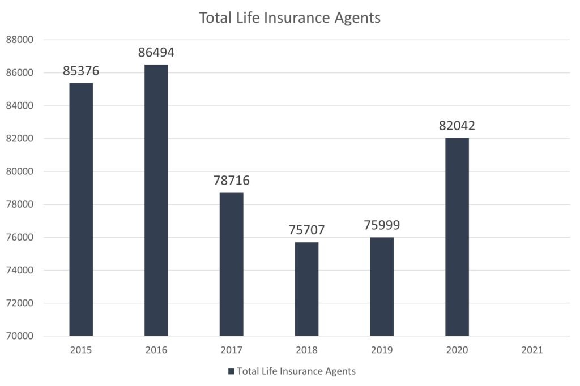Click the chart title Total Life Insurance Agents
pos(289,18)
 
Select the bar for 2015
pos(81,209)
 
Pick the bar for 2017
pos(231,264)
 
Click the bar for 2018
pos(306,289)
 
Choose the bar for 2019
pos(382,286)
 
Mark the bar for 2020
pos(457,237)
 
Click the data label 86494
pos(156,53)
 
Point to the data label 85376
pos(81,71)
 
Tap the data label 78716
pos(231,181)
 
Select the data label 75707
pos(306,230)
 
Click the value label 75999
pos(382,225)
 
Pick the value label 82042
pos(457,126)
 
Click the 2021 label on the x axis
pos(532,350)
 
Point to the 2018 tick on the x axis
pos(306,350)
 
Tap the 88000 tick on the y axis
pos(20,40)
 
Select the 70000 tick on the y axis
pos(20,336)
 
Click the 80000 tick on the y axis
pos(20,171)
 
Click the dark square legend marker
pos(231,372)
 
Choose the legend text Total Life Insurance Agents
pos(296,372)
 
